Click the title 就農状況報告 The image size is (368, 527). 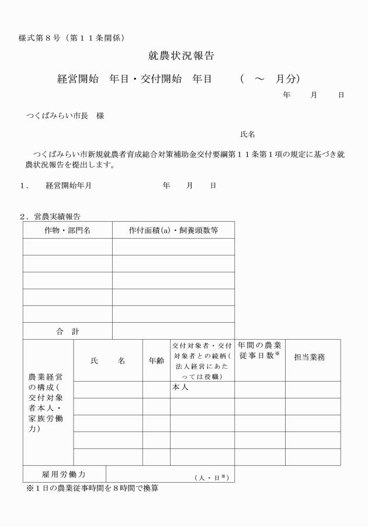pyautogui.click(x=182, y=57)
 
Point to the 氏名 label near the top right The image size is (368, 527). pyautogui.click(x=248, y=134)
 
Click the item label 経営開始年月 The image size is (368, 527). pyautogui.click(x=68, y=186)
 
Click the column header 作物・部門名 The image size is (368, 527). pyautogui.click(x=67, y=230)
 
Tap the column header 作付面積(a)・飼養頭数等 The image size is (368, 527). pyautogui.click(x=173, y=230)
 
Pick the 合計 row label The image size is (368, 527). pyautogui.click(x=67, y=331)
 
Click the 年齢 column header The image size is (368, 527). pyautogui.click(x=156, y=360)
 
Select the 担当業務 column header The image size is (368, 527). pyautogui.click(x=313, y=360)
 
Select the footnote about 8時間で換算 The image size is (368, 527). pyautogui.click(x=92, y=488)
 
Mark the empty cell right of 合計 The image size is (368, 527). pyautogui.click(x=173, y=331)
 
